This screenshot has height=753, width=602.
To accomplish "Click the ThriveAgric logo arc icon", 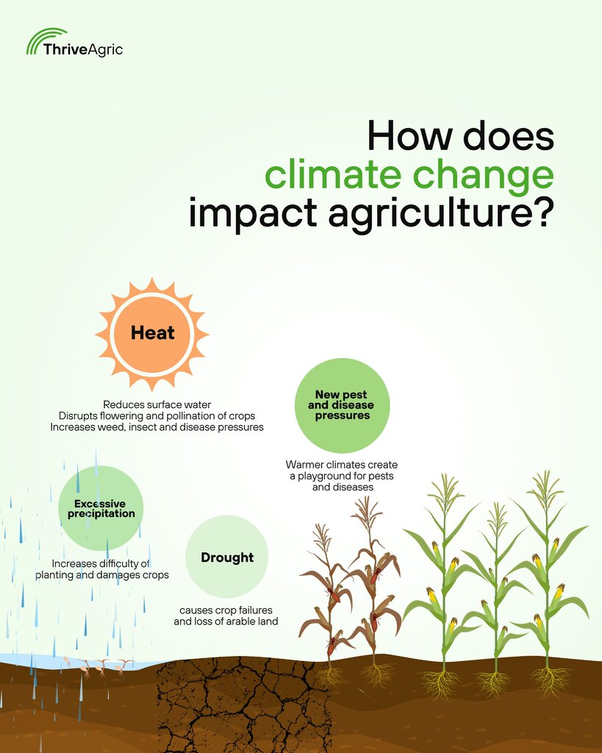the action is coord(43,38).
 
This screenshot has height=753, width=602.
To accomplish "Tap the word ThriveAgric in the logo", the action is coord(83,49).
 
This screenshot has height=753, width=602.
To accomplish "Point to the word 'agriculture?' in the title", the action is coord(442,214).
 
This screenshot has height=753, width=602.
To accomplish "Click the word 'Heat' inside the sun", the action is coord(153,333).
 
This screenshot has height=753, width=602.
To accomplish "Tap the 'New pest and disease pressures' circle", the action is coord(342,405).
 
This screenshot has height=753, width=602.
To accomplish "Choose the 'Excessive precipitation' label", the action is coord(101,509).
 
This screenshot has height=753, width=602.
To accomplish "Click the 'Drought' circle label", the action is coord(227,557).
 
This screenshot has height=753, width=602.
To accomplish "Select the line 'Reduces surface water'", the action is coord(157,405).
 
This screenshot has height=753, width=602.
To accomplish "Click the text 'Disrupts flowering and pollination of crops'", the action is coord(157,416).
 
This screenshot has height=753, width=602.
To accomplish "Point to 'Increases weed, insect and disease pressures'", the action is coord(157,427).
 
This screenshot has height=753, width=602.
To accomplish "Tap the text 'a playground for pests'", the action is coord(341,476).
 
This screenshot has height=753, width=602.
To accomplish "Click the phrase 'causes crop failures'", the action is coord(226,610).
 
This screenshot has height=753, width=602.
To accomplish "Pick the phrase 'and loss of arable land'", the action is coord(226,621).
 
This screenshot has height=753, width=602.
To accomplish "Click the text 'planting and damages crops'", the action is coord(101,575).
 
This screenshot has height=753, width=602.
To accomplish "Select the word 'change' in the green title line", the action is coord(483,176).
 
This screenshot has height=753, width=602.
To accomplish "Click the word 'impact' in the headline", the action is coord(253,214).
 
